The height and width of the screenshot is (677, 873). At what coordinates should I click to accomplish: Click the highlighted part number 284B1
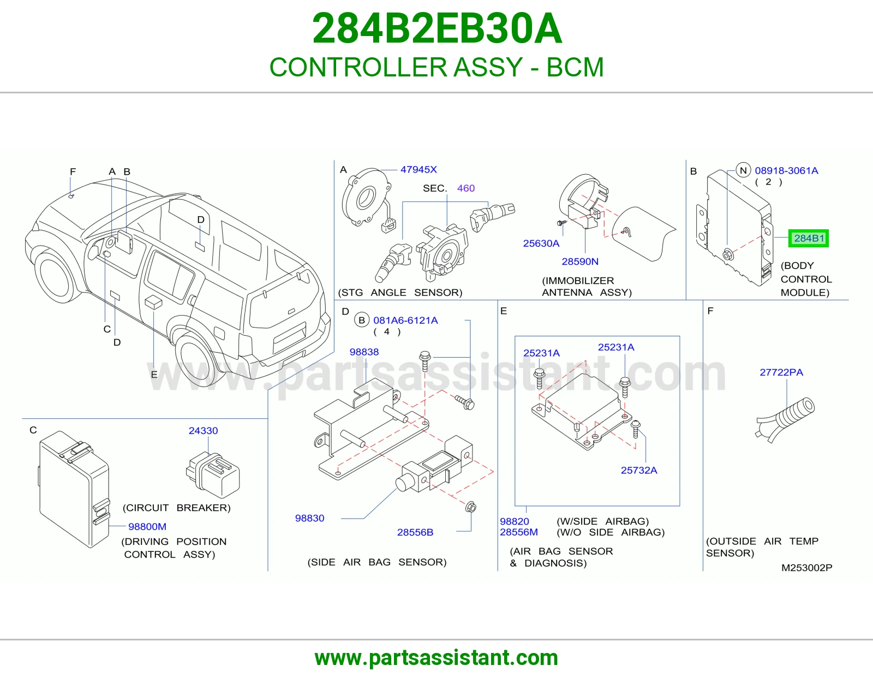pos(808,239)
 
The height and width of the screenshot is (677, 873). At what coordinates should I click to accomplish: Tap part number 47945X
pos(418,170)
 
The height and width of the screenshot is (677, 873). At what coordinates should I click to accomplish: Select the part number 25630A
pos(541,243)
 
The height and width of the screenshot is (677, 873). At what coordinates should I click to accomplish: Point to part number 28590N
pos(579,262)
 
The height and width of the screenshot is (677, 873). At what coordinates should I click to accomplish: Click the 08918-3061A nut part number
pos(786,170)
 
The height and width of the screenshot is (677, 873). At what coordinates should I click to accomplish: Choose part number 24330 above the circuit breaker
pos(204,431)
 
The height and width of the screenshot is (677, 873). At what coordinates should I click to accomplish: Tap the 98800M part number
pos(147,526)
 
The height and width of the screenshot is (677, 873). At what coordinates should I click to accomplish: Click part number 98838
pos(364,352)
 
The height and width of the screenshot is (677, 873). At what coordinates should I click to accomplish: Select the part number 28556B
pos(415,532)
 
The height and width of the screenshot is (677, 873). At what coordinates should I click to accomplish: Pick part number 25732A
pos(639,470)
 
